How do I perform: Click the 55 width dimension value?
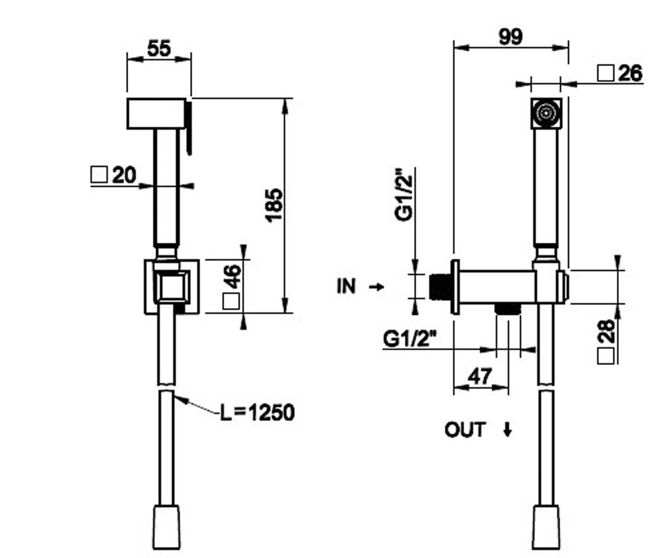coord(159,49)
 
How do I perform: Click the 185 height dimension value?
coord(275,204)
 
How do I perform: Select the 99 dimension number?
coord(511,37)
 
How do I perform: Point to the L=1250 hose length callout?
coord(257,412)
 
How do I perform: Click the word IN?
coord(346,286)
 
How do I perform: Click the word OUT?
coord(465,430)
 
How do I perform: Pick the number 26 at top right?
coord(630,73)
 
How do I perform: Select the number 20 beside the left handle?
coord(124,175)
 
